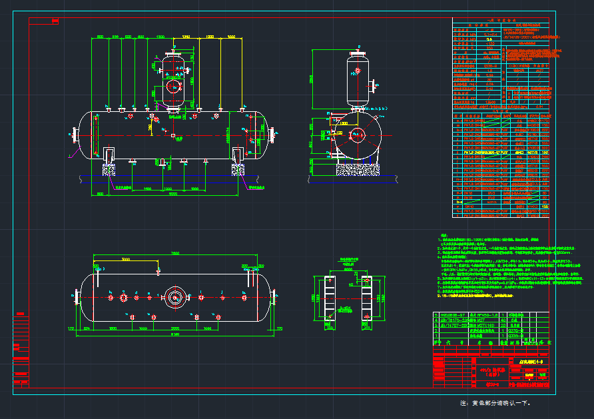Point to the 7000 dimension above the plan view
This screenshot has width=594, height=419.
pyautogui.click(x=175, y=254)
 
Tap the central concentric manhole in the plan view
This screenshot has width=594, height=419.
pyautogui.click(x=176, y=297)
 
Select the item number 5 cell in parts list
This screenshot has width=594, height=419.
pyautogui.click(x=437, y=312)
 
